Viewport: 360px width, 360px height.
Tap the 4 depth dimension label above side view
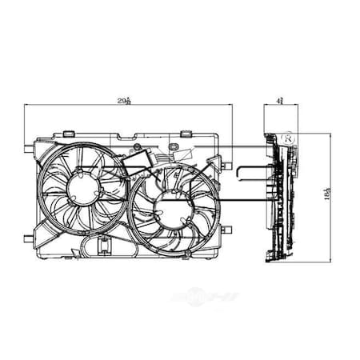click(276, 99)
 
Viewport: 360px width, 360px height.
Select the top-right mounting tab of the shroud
click(186, 132)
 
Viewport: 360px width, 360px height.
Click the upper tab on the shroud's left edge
click(30, 150)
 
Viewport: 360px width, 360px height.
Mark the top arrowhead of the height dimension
click(330, 134)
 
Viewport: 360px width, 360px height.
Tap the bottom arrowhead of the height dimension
click(330, 261)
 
